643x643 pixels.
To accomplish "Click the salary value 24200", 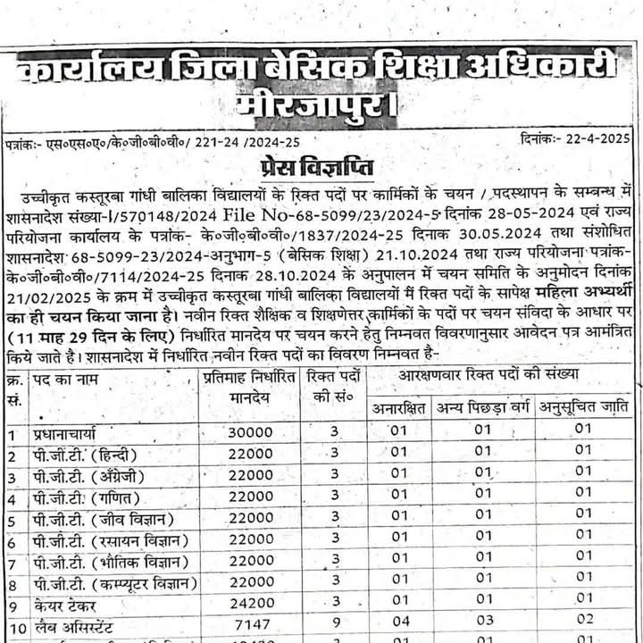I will click(x=251, y=605).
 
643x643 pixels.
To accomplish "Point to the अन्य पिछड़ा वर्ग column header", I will click(x=482, y=408).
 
